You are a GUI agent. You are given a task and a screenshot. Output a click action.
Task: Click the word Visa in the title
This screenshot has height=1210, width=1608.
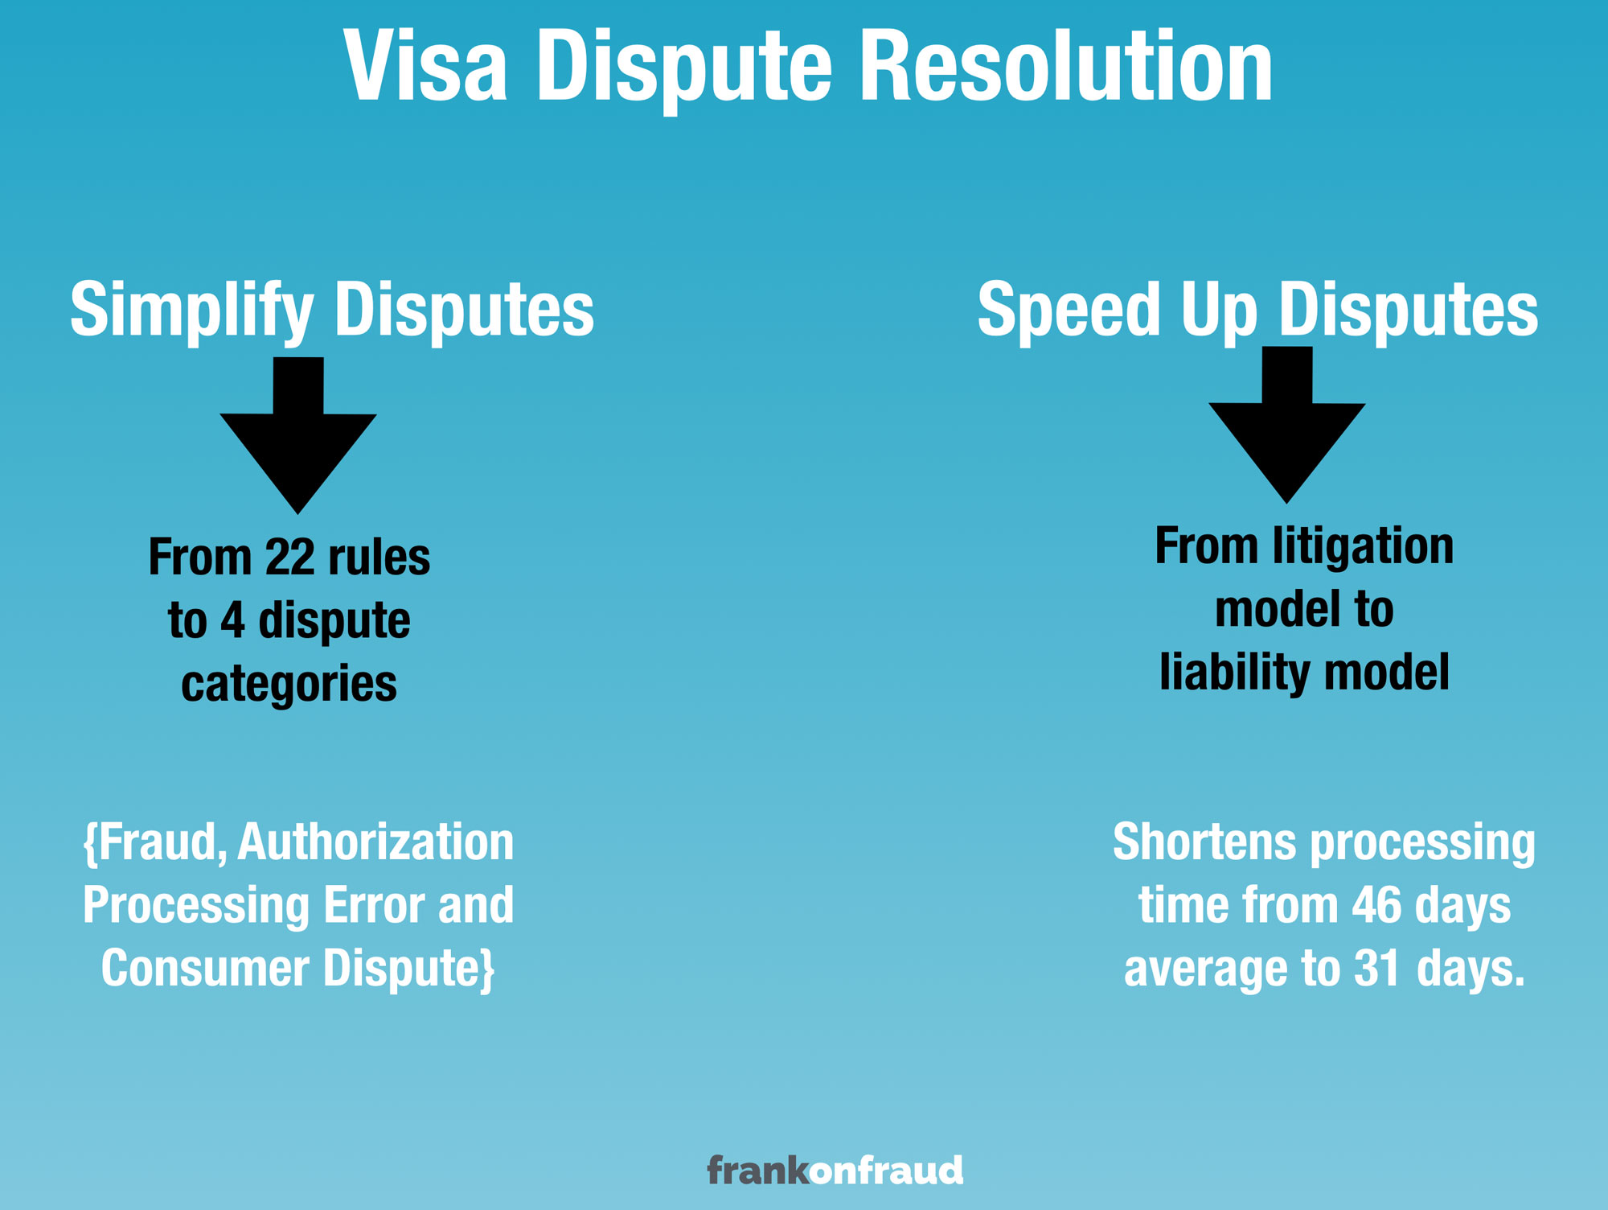tap(426, 65)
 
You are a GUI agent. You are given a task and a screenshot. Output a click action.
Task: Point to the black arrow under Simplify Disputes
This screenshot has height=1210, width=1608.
tap(298, 435)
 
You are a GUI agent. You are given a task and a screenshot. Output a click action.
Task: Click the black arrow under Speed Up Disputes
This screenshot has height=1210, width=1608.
tap(1287, 425)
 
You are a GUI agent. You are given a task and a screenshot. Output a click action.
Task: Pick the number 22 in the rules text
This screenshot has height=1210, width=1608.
tap(289, 557)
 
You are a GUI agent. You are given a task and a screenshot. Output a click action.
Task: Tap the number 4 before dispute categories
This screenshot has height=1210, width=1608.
tap(232, 620)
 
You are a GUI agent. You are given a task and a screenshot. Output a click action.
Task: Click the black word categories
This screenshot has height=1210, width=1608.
tap(289, 685)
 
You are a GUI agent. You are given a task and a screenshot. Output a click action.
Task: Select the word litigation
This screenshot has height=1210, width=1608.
tap(1364, 546)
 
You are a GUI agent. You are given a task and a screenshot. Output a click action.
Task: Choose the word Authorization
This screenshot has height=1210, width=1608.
tap(375, 842)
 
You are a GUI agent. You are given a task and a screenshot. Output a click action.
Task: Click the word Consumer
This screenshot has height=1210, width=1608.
tap(205, 968)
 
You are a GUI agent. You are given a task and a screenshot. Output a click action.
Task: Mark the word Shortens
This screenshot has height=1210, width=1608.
tap(1204, 842)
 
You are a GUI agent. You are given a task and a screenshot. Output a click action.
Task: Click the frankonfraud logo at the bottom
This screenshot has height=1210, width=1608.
tap(835, 1171)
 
